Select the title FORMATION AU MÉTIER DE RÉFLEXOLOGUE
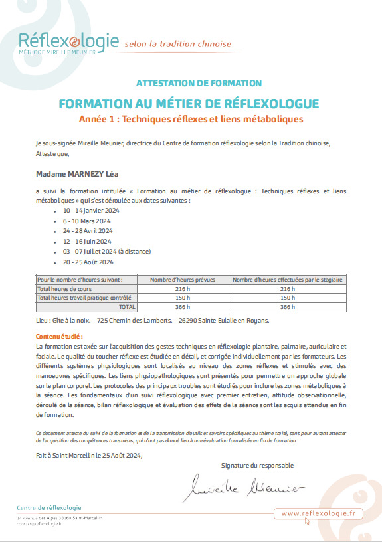(189, 104)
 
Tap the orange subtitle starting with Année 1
(191, 120)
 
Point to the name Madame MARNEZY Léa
(76, 175)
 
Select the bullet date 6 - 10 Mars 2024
(86, 220)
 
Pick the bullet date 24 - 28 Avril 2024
(87, 230)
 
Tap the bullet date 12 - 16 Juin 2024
(87, 241)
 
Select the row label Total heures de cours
(64, 289)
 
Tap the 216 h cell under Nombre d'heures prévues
(183, 289)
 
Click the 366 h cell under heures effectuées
(288, 307)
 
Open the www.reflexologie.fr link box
(318, 513)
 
